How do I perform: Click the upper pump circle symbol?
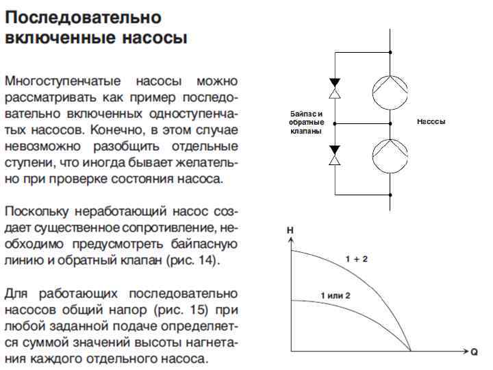pos(390,88)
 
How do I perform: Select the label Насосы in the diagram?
pos(431,121)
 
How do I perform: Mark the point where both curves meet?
pos(410,351)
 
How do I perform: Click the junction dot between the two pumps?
pos(390,122)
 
